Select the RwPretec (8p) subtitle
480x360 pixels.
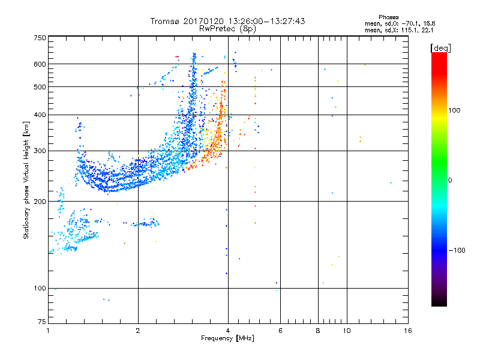click(x=227, y=29)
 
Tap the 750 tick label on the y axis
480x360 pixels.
click(x=40, y=38)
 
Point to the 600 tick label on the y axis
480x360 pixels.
click(x=40, y=64)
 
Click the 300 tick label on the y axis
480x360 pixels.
click(x=40, y=151)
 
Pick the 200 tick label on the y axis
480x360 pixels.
click(x=40, y=202)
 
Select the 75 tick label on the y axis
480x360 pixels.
click(x=42, y=322)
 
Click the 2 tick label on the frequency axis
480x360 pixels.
click(x=138, y=331)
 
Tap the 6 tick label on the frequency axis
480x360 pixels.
click(x=280, y=331)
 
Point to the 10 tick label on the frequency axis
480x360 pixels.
click(x=347, y=331)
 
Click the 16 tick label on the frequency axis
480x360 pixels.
click(x=408, y=331)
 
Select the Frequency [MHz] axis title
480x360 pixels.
click(x=227, y=338)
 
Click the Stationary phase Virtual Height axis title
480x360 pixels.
click(x=26, y=181)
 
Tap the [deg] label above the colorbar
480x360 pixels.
click(x=440, y=49)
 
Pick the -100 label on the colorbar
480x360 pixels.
click(x=457, y=250)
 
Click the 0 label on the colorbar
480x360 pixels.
click(x=450, y=181)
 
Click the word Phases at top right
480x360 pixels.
click(x=388, y=17)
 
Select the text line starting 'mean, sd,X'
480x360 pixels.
click(x=399, y=31)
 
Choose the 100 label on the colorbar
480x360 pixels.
click(x=454, y=110)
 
